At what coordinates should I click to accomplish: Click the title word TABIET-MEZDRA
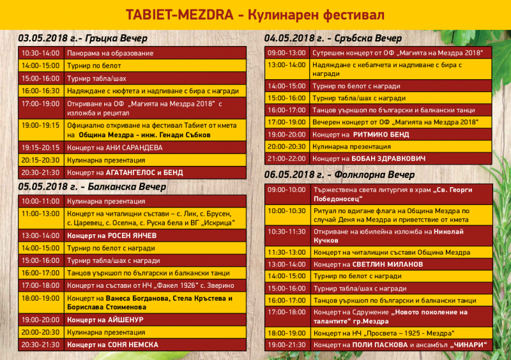[181, 13]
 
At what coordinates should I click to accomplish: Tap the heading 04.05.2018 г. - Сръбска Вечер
[333, 39]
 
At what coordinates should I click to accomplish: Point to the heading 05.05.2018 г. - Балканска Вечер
[93, 186]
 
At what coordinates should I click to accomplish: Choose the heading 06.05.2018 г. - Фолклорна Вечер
[340, 174]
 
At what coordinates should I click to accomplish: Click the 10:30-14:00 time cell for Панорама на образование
[40, 53]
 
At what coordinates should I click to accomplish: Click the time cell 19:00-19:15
[40, 125]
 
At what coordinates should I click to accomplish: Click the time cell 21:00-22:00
[287, 158]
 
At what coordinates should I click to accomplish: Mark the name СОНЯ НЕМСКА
[133, 344]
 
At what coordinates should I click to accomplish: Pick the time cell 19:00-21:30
[287, 345]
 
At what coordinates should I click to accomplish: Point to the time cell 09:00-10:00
[287, 190]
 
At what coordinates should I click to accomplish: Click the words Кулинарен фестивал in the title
[317, 13]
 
